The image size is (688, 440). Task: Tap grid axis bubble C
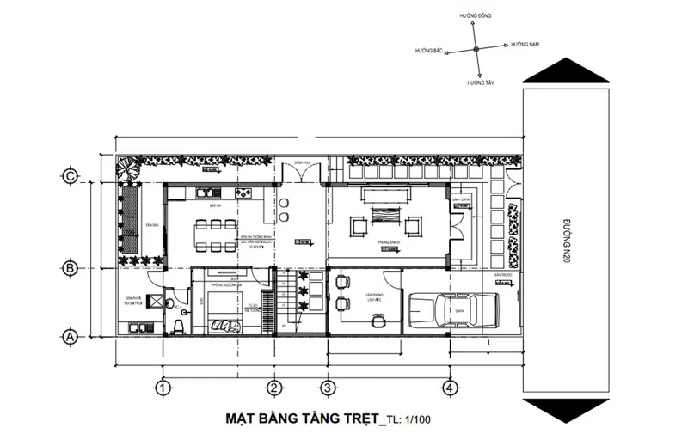point(71,177)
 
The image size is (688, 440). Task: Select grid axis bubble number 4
point(448,389)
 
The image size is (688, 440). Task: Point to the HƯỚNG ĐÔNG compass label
point(476,16)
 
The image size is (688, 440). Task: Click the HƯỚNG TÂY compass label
point(480,83)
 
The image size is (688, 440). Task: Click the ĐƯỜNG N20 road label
point(566,241)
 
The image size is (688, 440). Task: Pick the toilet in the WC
point(177,325)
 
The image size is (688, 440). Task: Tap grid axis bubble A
point(71,336)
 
